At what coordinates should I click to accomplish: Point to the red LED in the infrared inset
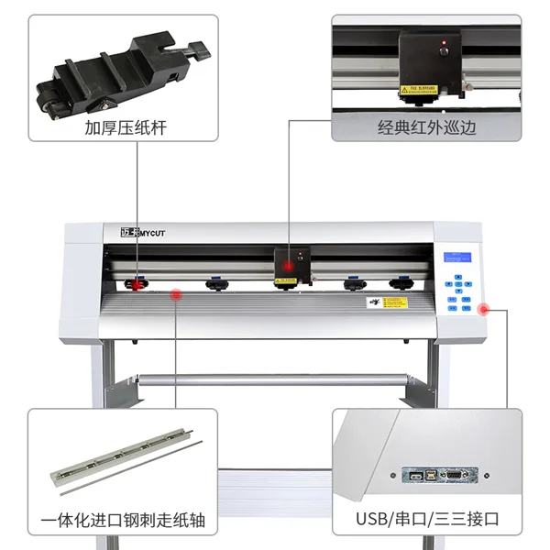[x=445, y=44]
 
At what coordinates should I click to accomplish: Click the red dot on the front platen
[x=177, y=294]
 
